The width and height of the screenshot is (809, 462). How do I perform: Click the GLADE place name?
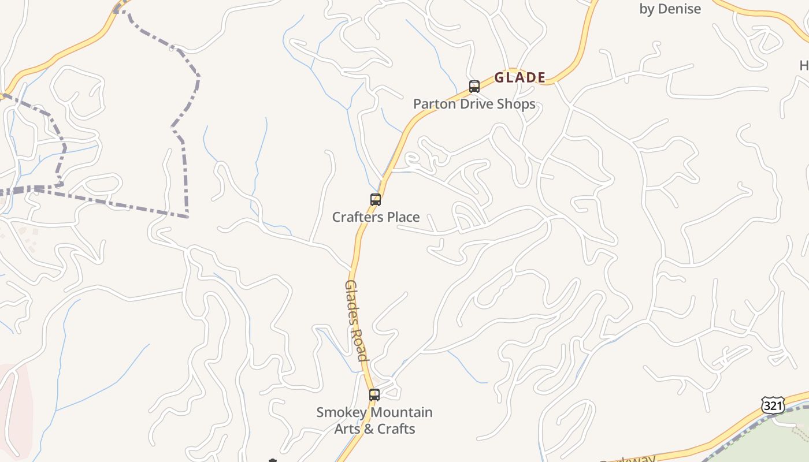(x=520, y=77)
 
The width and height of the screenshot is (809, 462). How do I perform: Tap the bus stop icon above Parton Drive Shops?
(x=474, y=87)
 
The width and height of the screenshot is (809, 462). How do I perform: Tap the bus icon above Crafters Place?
(x=376, y=200)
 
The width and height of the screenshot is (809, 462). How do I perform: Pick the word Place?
(x=403, y=217)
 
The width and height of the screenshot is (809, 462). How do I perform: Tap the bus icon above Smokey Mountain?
(x=374, y=395)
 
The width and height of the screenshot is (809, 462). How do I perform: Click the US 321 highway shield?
(x=773, y=405)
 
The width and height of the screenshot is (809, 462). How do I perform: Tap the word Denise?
(x=680, y=9)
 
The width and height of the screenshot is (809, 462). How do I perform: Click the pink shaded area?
(x=14, y=404)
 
